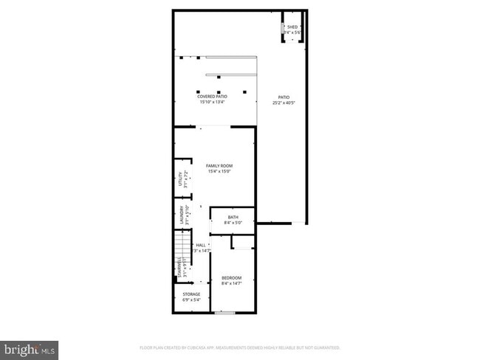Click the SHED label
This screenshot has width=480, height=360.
[x=292, y=27]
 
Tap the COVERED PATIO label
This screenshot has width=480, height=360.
[x=212, y=97]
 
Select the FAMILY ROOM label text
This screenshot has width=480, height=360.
[x=219, y=166]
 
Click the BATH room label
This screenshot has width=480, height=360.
[x=233, y=217]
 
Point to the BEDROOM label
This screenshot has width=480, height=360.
[x=231, y=277]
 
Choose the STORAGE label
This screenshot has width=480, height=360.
[x=191, y=294]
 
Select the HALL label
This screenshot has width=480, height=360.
[x=200, y=245]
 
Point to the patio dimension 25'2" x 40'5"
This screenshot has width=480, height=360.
[x=284, y=103]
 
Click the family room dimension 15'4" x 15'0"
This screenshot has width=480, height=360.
[x=219, y=172]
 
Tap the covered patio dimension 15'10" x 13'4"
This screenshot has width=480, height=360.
[x=212, y=103]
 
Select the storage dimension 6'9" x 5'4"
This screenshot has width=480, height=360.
[x=191, y=300]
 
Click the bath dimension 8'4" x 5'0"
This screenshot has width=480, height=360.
[x=233, y=223]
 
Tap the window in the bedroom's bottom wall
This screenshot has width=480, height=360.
[x=224, y=313]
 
